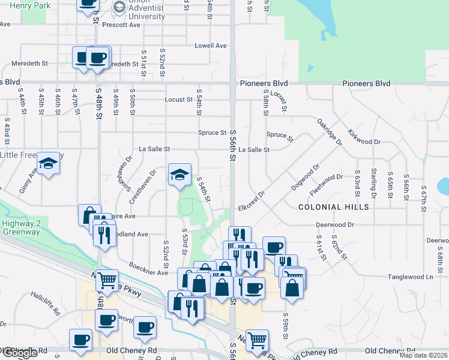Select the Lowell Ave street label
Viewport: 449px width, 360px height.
point(210,46)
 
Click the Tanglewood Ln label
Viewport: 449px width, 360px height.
point(413,277)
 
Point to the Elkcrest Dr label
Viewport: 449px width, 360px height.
point(252,200)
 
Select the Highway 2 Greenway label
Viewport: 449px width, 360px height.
point(20,227)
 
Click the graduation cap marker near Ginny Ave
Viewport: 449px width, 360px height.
point(47,163)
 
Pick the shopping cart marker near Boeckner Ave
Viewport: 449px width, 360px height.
point(106,280)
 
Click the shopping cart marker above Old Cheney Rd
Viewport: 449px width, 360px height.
point(257,340)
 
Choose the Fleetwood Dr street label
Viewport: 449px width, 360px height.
point(326,177)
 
